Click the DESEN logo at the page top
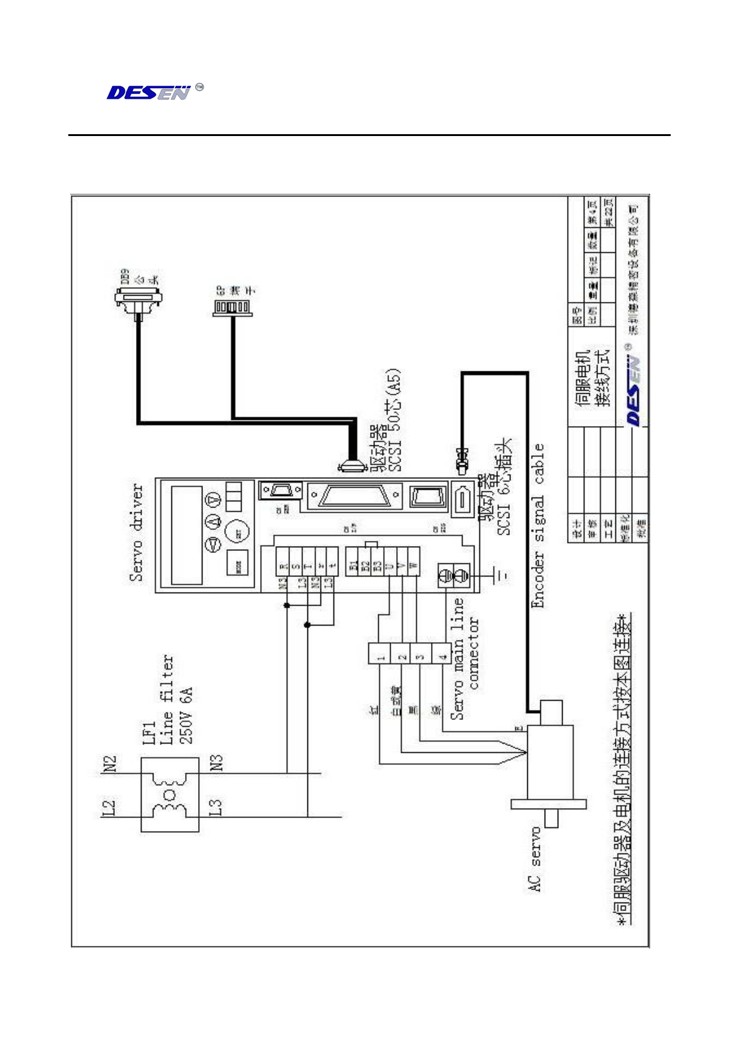[149, 93]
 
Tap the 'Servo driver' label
[137, 532]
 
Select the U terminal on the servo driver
[388, 566]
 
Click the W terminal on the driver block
[414, 566]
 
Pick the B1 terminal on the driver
[352, 566]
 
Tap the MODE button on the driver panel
[238, 565]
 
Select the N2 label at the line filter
[109, 764]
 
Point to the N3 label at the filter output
[216, 763]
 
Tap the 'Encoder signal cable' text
[538, 525]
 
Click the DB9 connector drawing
[138, 299]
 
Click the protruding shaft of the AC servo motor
[551, 819]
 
